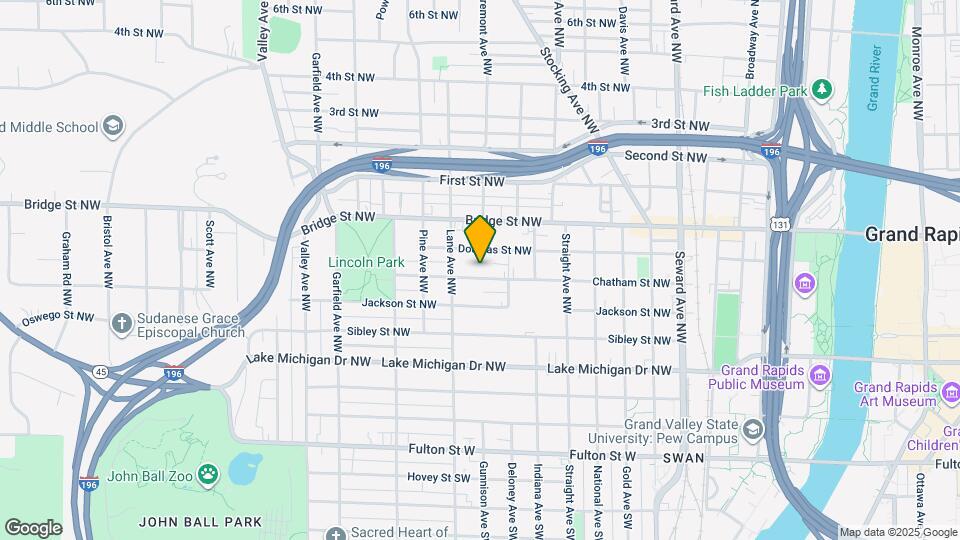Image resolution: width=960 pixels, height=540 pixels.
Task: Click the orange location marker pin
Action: coord(481,239)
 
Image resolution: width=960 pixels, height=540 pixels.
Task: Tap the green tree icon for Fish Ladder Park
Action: coord(822,90)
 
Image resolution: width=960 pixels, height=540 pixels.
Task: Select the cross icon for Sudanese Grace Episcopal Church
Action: coord(121,323)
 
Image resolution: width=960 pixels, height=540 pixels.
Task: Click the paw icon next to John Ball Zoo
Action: coord(209,473)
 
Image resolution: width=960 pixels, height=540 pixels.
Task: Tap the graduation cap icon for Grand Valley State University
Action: coord(752,430)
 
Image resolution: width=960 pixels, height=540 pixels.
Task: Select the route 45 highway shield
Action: coord(101,372)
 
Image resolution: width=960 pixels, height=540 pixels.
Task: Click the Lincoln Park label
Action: coord(366,263)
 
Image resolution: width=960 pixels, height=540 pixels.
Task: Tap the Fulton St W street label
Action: coord(440,450)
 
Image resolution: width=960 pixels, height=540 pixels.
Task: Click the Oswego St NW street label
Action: coord(58,318)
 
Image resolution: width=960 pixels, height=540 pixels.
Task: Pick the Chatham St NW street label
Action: coord(630,283)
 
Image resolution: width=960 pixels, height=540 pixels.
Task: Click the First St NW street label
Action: coord(473,181)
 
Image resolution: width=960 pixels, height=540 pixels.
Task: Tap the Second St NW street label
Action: coord(666,156)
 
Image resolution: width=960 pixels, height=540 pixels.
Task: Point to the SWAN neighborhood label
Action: coord(683,457)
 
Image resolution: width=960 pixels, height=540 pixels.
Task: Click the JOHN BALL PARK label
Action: coord(200,521)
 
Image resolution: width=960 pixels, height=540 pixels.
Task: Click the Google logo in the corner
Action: coord(33,527)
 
